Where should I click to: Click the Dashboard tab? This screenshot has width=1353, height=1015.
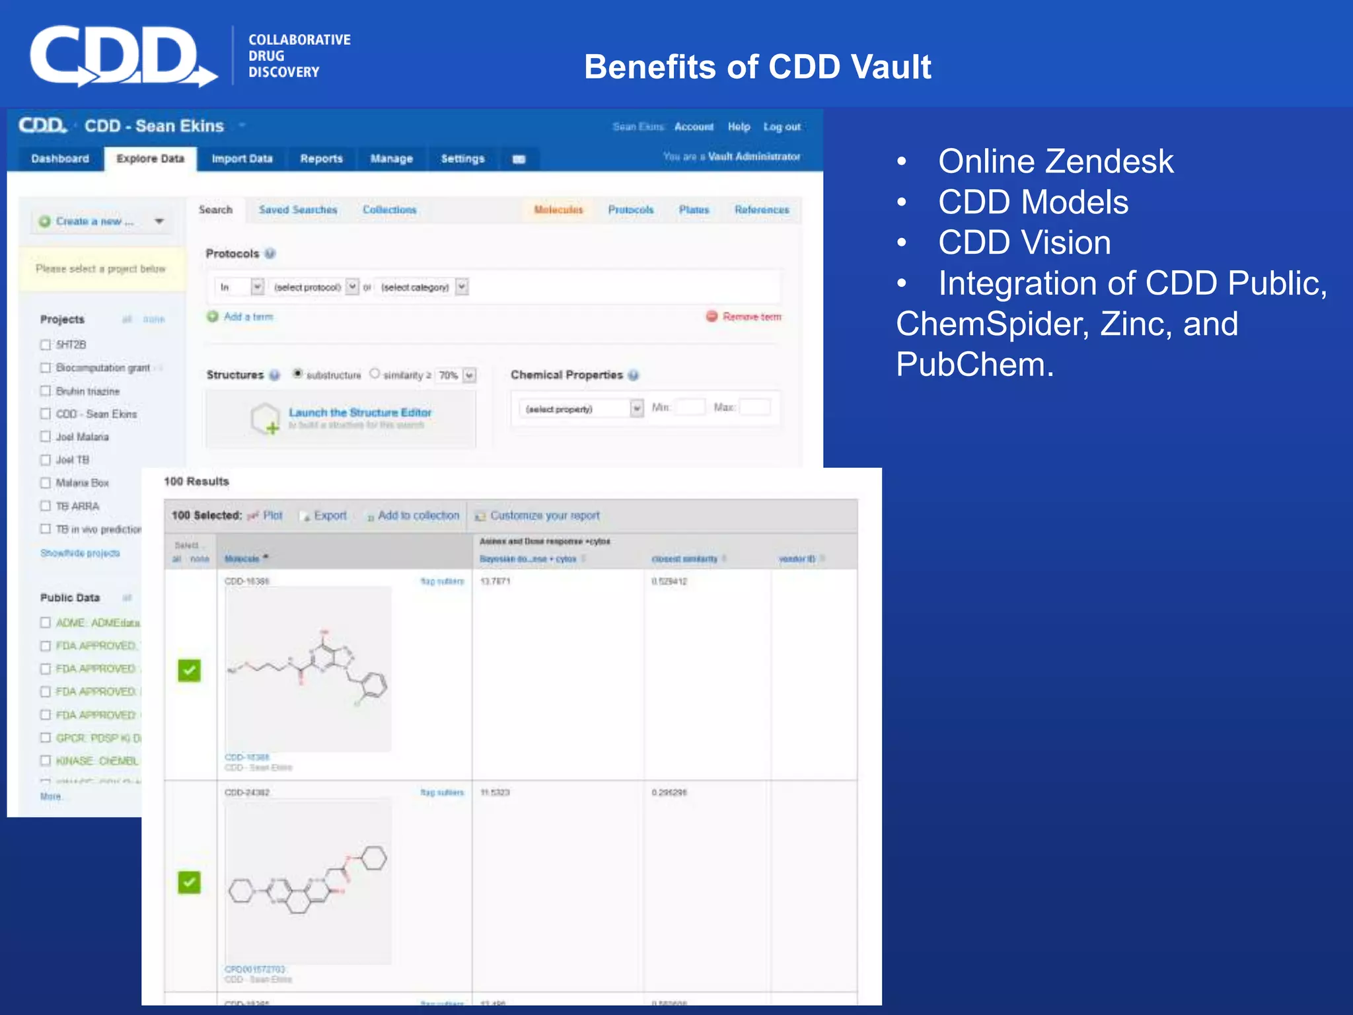point(60,159)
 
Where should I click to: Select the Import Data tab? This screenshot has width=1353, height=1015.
point(242,159)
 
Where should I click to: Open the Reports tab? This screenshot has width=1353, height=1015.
point(321,159)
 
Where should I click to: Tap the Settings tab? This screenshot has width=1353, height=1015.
point(462,159)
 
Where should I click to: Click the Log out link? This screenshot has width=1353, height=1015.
point(782,127)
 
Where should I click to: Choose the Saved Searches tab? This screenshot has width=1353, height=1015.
point(298,209)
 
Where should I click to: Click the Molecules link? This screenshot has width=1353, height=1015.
point(558,209)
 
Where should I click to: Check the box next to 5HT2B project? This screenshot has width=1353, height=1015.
point(46,344)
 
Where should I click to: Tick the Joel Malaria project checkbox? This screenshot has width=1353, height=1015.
point(46,437)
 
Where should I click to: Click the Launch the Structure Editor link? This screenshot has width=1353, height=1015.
point(360,412)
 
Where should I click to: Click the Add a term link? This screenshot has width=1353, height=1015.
point(248,317)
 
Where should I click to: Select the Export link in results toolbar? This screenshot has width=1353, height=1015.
point(330,515)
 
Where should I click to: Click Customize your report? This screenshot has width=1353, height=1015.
point(544,515)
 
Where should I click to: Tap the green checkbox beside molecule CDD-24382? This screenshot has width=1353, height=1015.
point(189,882)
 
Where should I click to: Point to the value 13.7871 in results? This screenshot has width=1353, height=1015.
point(495,582)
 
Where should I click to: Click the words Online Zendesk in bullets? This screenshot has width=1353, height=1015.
point(1055,161)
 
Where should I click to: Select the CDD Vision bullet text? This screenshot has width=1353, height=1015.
point(1024,243)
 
